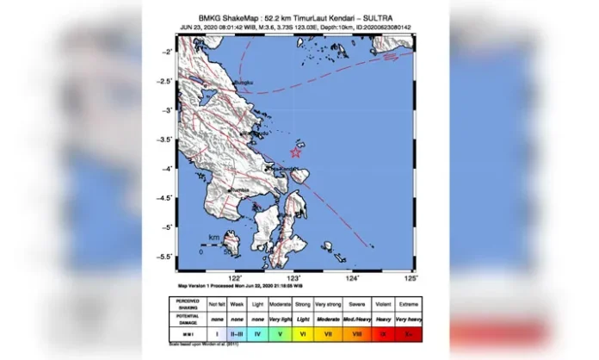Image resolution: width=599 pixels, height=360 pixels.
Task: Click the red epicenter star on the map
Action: point(295,152)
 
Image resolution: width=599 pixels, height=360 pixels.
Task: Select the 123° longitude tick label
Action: point(294,278)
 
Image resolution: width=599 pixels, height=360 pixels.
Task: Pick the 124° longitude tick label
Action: point(352,278)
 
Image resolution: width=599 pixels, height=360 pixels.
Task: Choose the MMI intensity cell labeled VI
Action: point(302,332)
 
